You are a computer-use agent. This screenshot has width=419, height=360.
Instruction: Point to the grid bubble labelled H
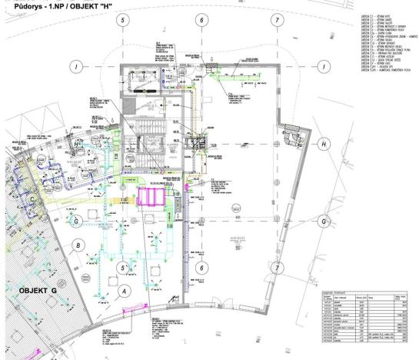tap(324, 144)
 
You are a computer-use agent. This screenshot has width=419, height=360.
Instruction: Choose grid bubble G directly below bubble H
tap(324, 221)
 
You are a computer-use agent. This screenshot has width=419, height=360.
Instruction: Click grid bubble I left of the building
tap(75, 66)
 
